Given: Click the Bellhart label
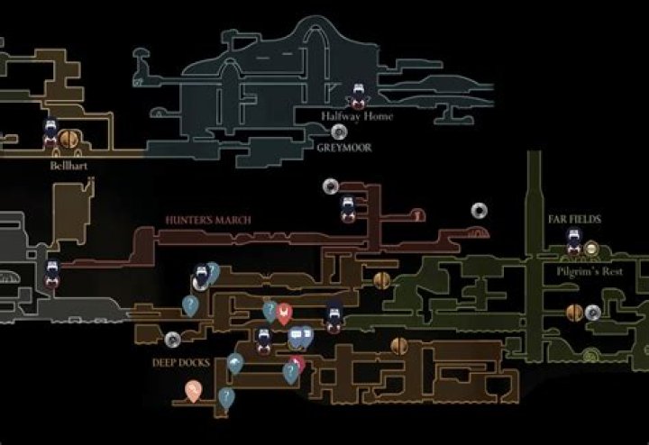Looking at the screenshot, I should (69, 166).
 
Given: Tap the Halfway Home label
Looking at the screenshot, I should (357, 116).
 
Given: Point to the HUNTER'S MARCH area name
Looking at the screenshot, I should (208, 220).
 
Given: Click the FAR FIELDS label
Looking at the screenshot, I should (573, 219).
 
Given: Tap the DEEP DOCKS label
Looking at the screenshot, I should (181, 363).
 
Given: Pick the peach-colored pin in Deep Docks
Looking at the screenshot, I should (193, 390).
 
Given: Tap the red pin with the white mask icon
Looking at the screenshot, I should (284, 313).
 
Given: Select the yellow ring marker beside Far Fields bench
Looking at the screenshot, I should (591, 247).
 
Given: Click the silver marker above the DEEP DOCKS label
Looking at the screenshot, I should (172, 340).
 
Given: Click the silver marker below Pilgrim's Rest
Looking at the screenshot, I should (593, 313).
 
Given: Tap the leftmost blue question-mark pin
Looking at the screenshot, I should (190, 305).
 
